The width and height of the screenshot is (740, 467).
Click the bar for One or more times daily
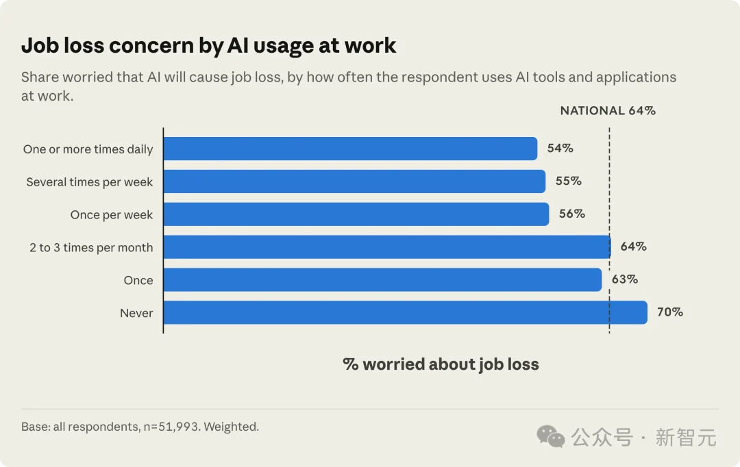(350, 149)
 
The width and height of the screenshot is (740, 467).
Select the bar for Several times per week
(354, 181)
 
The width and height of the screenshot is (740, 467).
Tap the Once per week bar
(356, 214)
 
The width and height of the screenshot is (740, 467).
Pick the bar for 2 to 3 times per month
(387, 247)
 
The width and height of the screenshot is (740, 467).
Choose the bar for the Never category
(406, 312)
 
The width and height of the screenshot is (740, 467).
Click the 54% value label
(560, 148)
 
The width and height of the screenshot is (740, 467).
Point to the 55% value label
(568, 181)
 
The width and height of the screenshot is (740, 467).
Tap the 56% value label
(572, 214)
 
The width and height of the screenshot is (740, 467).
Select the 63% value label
(625, 279)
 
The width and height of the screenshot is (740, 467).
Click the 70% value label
(670, 312)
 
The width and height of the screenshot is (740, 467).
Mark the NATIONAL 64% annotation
(608, 110)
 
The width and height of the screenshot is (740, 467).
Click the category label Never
(136, 313)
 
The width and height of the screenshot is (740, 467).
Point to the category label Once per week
(112, 215)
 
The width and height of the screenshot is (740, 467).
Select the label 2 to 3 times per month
(91, 248)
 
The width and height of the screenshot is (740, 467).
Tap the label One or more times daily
(88, 149)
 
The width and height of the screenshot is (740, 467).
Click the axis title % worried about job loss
(441, 364)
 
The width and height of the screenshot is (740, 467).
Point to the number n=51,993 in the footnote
(172, 427)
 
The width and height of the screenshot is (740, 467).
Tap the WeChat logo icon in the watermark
(550, 436)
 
